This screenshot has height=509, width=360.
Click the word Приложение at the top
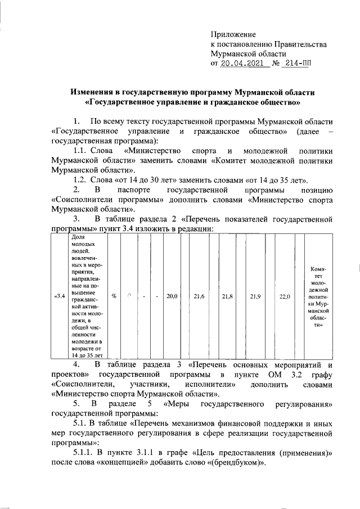(233, 34)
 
